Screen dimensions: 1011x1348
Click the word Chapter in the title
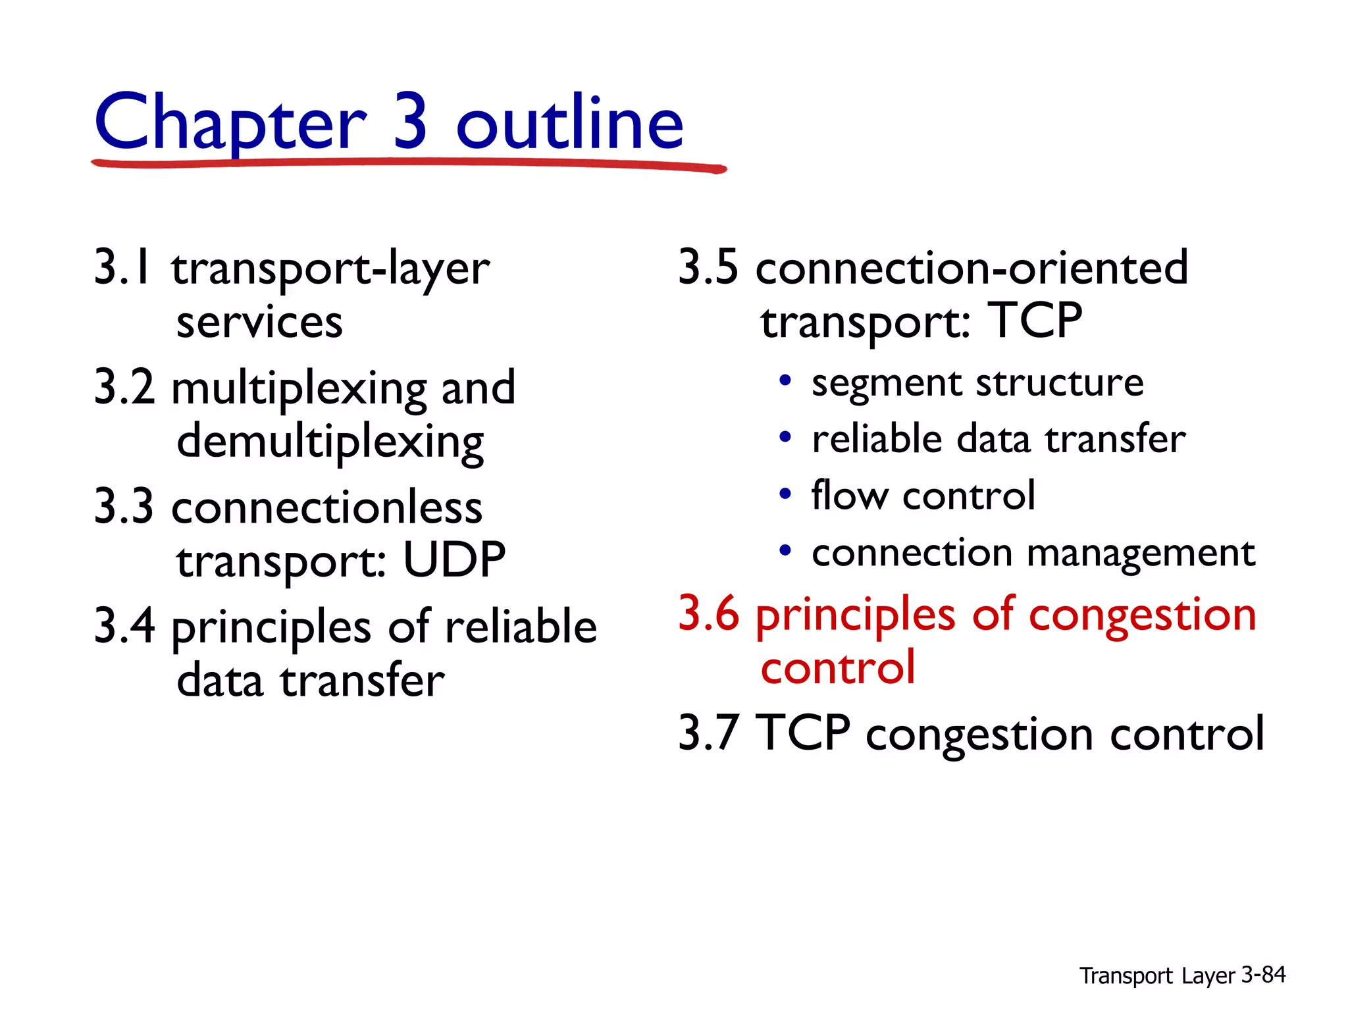230,123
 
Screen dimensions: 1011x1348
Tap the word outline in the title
570,123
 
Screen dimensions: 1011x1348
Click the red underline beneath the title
408,163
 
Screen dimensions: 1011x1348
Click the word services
259,323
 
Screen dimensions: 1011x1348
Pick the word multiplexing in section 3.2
299,388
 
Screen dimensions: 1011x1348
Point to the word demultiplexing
330,442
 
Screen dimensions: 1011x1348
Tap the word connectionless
326,508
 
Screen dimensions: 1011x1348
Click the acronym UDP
454,560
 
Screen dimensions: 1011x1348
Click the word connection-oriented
972,268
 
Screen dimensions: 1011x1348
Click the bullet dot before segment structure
785,381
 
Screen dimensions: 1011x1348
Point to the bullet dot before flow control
785,494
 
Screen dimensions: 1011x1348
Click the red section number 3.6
708,613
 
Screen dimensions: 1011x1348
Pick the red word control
837,667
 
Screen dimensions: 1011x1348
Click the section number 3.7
708,733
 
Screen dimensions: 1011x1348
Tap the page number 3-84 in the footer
1263,975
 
